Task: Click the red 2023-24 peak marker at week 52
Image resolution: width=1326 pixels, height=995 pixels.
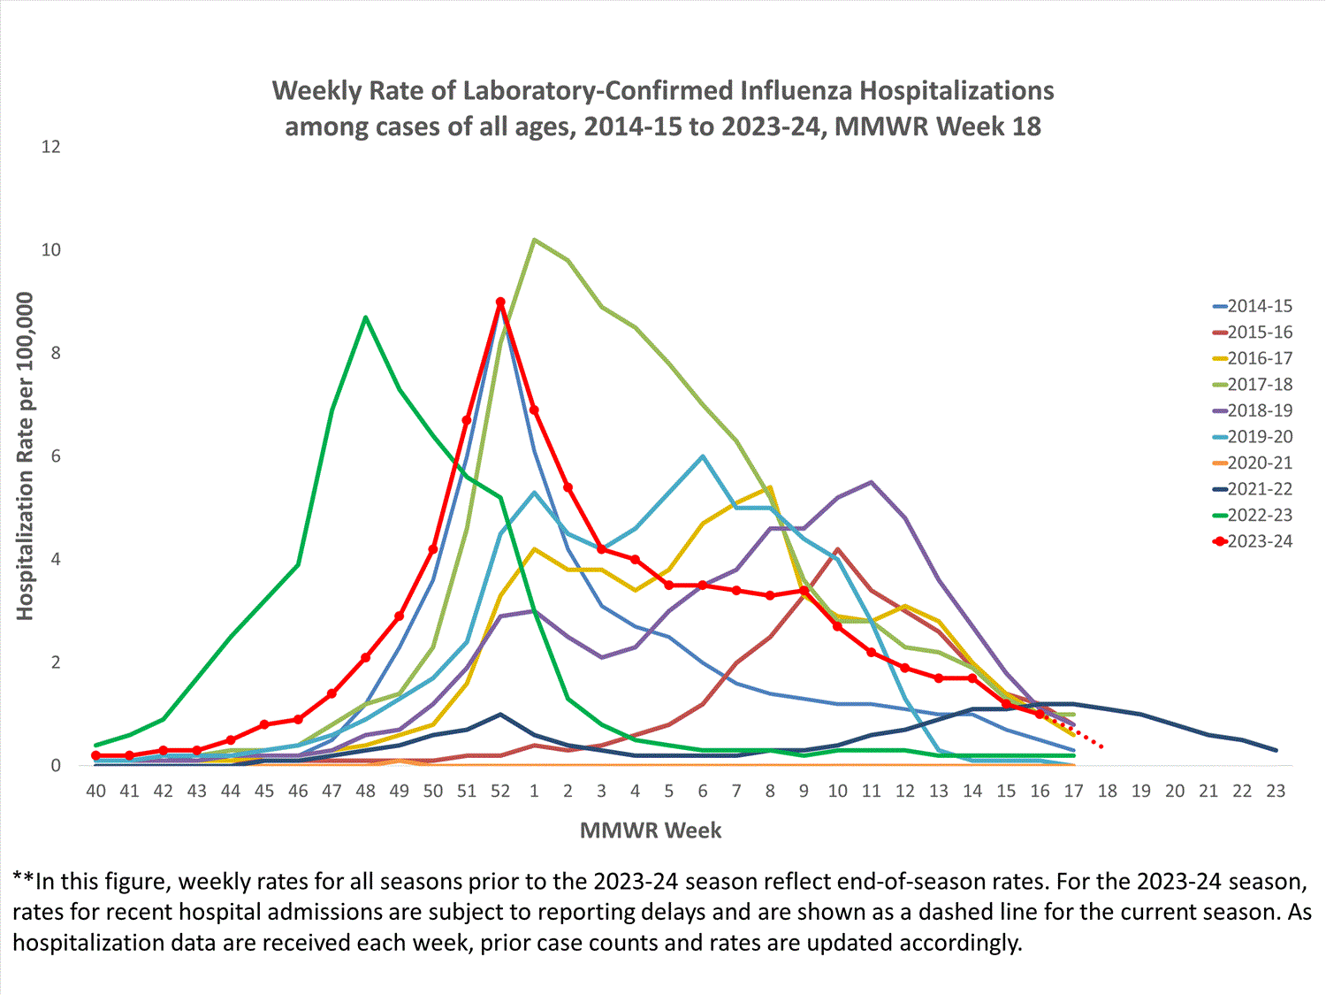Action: pos(500,302)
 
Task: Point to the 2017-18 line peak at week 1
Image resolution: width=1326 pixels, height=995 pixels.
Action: pos(534,240)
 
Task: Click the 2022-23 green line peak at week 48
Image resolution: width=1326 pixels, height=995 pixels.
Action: pos(365,317)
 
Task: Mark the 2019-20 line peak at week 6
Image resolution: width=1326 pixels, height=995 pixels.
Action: pos(703,456)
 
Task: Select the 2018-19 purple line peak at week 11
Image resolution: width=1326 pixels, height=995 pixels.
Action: pos(872,482)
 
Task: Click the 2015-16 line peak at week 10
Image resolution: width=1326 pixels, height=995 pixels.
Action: pos(838,549)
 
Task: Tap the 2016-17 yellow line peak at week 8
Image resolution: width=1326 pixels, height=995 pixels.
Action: pos(770,487)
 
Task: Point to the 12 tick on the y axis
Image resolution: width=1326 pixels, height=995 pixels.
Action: pos(51,147)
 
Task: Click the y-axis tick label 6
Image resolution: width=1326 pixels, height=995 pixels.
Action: pos(56,456)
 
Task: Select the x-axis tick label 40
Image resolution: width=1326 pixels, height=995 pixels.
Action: pos(95,792)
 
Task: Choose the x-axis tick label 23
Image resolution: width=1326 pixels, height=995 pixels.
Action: pos(1276,792)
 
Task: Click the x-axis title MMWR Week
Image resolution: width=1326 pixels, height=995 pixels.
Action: pos(651,830)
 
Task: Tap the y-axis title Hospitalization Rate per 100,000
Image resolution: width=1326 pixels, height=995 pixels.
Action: pos(25,456)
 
